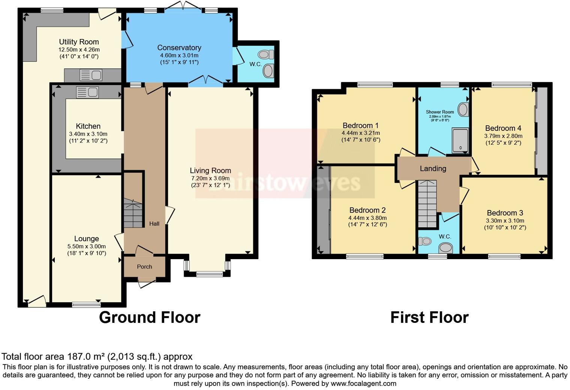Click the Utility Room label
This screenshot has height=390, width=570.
coord(79,42)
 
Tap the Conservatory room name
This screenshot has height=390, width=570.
coord(179,48)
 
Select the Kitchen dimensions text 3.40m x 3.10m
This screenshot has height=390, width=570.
coord(88,134)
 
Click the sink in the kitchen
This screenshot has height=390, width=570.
coord(87,92)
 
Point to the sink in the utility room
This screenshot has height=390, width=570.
coord(91,75)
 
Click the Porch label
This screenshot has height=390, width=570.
coord(144,267)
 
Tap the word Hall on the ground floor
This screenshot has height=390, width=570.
coord(154,223)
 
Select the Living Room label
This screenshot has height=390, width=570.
coord(210,171)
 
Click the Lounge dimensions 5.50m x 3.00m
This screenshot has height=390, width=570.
coord(86,246)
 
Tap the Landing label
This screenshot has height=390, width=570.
coord(433,169)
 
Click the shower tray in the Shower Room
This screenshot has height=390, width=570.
coord(460,140)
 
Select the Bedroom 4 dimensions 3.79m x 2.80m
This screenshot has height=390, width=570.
coord(503,136)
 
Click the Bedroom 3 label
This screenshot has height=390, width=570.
coord(505,213)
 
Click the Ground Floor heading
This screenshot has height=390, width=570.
coord(150,318)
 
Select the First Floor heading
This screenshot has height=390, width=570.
coord(429,318)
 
